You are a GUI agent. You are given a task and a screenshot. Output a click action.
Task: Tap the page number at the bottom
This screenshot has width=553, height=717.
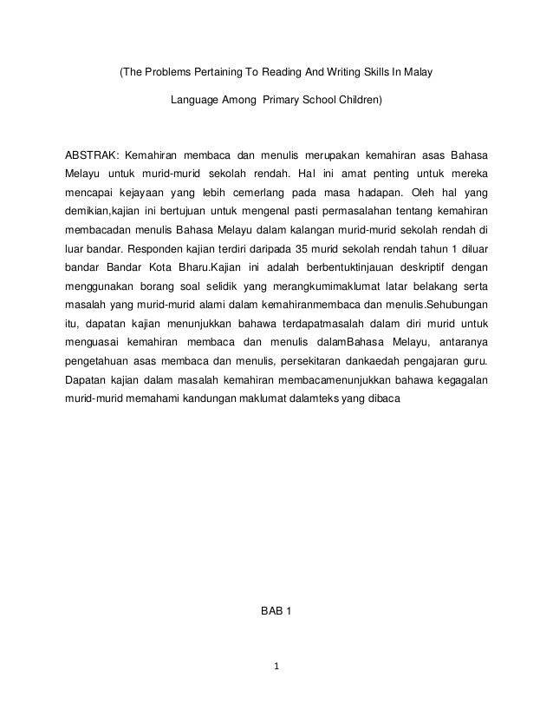coord(276,668)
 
